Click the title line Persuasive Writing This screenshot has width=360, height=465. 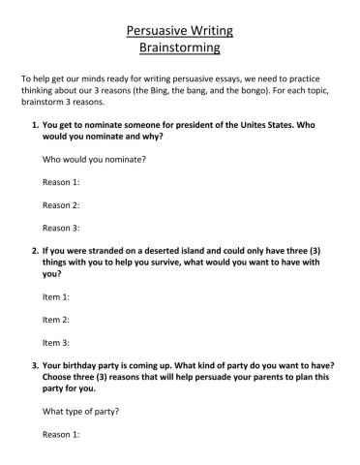179,30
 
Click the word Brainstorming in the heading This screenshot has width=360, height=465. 179,46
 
